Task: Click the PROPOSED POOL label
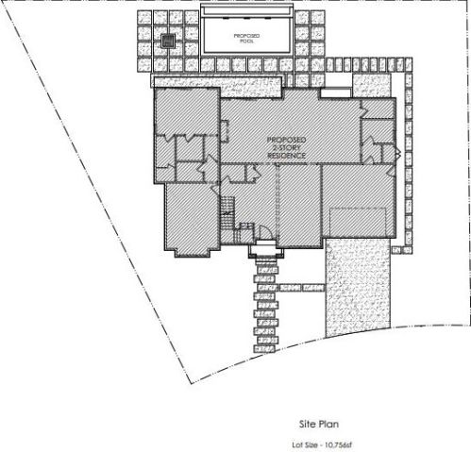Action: click(x=246, y=38)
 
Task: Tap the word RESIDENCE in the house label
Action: click(x=286, y=156)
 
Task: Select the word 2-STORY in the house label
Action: click(x=286, y=147)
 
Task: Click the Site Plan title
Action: click(x=319, y=424)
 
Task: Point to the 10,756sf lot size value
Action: click(x=339, y=445)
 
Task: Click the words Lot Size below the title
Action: click(x=305, y=445)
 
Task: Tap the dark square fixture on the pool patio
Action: click(x=168, y=41)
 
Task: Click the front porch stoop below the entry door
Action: click(x=266, y=249)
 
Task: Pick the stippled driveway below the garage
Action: click(x=358, y=286)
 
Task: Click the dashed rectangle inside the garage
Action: click(x=358, y=222)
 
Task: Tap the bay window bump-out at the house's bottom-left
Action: click(x=192, y=253)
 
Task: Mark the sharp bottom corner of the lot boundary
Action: click(x=191, y=384)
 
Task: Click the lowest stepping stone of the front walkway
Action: click(x=264, y=349)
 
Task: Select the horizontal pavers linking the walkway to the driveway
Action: click(x=301, y=288)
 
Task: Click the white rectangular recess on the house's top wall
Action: click(x=335, y=93)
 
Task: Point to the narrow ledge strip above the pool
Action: click(x=246, y=10)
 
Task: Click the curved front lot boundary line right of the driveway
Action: click(x=429, y=326)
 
